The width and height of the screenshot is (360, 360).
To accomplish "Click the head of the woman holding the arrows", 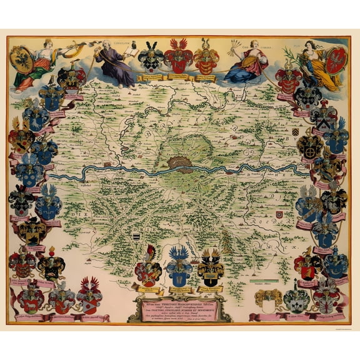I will pyautogui.click(x=253, y=45).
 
